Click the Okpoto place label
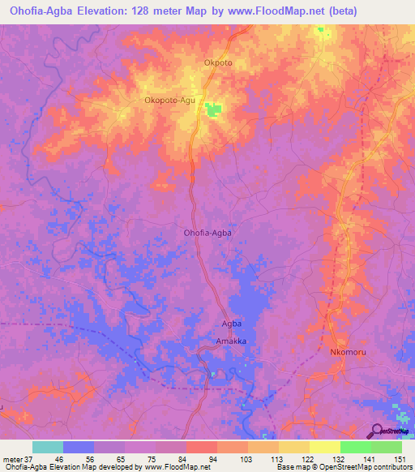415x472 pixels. (x=218, y=62)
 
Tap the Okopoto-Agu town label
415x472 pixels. (x=170, y=101)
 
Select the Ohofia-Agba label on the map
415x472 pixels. (x=208, y=233)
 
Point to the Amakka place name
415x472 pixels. (x=231, y=341)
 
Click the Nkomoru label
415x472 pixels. (x=349, y=353)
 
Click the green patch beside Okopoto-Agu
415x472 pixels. (x=214, y=109)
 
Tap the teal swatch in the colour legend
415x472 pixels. (x=48, y=447)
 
